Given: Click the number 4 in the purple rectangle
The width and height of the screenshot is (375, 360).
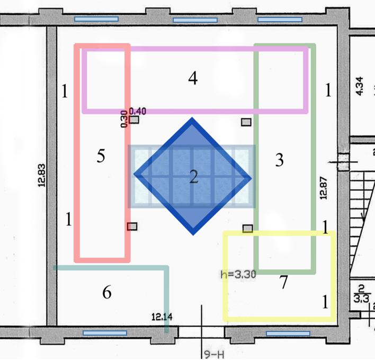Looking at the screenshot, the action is [193, 78].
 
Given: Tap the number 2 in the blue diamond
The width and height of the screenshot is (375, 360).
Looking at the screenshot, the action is [194, 176].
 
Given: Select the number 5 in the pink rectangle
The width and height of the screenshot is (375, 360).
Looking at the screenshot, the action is [101, 156].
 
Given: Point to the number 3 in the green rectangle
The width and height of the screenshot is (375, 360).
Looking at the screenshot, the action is [280, 160].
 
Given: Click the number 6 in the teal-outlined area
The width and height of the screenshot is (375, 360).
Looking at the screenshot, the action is [107, 292].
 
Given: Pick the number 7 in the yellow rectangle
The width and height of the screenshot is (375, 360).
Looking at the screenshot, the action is [284, 282].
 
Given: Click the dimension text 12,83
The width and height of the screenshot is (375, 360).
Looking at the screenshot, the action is [41, 175].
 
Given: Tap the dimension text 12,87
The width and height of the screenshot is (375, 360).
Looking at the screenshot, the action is [323, 188].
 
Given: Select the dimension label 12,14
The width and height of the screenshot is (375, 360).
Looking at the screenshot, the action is [162, 317].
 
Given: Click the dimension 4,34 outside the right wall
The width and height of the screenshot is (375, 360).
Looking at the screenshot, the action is [360, 86].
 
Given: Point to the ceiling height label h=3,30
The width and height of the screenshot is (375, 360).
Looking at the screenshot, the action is [238, 274].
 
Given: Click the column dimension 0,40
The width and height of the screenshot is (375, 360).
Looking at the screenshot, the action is [138, 111].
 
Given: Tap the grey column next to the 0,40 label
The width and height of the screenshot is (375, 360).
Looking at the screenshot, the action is [134, 120].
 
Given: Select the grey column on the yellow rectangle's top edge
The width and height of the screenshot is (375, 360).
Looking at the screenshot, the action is [248, 229].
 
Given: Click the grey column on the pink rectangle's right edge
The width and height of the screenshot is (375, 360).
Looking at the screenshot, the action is [132, 227].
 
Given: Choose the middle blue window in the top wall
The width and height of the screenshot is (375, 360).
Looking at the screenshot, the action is [195, 20].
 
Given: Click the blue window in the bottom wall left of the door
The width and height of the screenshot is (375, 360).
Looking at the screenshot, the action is [105, 333].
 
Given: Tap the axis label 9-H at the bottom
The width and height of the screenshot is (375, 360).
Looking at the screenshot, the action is [214, 354].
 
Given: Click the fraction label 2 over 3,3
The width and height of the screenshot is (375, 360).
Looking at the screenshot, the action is [361, 294].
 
